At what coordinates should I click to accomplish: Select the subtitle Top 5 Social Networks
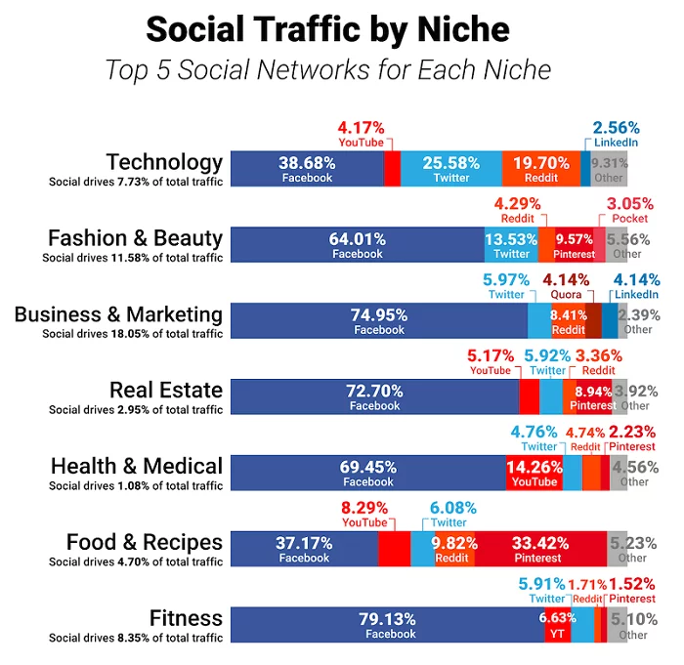[x=327, y=70]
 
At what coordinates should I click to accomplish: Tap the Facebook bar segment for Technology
[x=307, y=169]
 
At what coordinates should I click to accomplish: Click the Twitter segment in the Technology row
[x=451, y=169]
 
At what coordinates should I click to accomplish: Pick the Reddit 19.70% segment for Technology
[x=540, y=169]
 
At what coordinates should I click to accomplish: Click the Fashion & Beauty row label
[x=136, y=238]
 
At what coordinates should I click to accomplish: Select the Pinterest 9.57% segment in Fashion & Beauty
[x=574, y=245]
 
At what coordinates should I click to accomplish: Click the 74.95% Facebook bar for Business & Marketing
[x=377, y=321]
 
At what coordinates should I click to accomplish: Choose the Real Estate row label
[x=165, y=391]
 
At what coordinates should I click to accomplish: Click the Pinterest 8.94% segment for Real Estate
[x=594, y=397]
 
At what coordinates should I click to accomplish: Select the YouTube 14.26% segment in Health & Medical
[x=534, y=473]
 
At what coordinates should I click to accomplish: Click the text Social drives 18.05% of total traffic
[x=133, y=334]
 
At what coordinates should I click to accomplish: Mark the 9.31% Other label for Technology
[x=609, y=169]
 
